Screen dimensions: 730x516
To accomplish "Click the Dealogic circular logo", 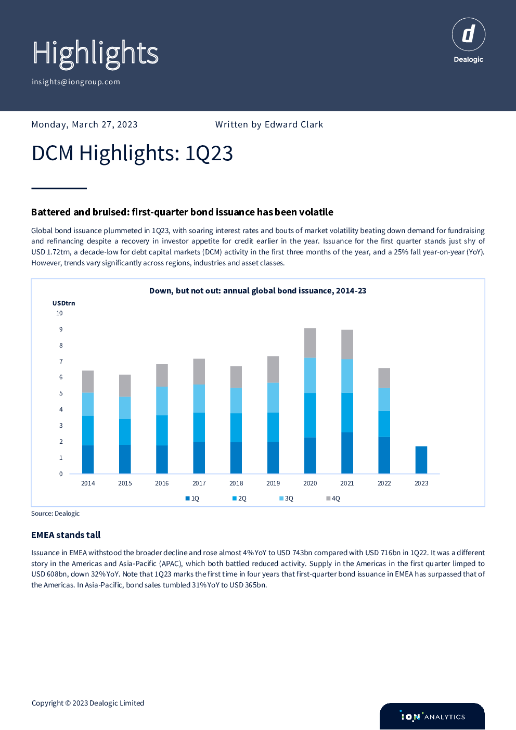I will click(x=468, y=35).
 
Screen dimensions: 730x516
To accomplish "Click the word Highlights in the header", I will click(x=95, y=54).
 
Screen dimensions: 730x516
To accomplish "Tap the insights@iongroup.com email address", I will click(x=76, y=82).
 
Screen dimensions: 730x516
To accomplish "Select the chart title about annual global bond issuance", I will click(x=257, y=291).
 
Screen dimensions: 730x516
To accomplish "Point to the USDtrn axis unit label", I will click(x=63, y=303).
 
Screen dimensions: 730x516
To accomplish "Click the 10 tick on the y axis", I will click(x=59, y=313).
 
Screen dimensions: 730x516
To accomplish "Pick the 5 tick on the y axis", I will click(x=61, y=393).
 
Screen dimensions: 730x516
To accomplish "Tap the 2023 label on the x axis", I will click(x=421, y=483).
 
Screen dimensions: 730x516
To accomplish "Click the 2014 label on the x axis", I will click(x=88, y=483).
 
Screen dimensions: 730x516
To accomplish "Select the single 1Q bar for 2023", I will click(x=421, y=460).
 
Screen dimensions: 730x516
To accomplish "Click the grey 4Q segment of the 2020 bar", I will click(x=310, y=343).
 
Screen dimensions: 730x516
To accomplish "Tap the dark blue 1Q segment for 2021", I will click(x=347, y=453).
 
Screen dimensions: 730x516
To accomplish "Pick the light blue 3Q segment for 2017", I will click(x=199, y=399).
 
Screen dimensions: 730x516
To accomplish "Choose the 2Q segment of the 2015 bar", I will click(x=125, y=431).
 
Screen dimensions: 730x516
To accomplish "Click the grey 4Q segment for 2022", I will click(x=384, y=378).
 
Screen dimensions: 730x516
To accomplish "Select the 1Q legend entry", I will click(x=192, y=498).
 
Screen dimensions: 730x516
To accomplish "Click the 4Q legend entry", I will click(x=333, y=498).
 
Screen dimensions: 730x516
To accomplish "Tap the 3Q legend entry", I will click(x=286, y=498).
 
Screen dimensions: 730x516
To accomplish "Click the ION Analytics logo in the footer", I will click(x=432, y=716).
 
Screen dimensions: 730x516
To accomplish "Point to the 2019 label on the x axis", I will click(x=273, y=483).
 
